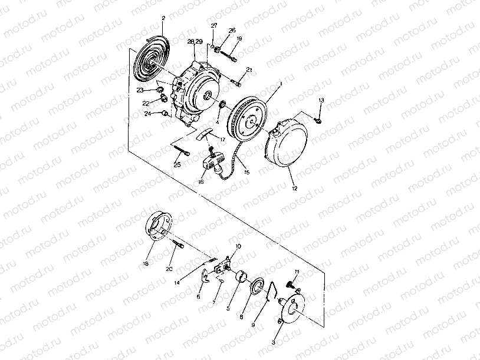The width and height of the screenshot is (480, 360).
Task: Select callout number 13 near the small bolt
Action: coord(321,101)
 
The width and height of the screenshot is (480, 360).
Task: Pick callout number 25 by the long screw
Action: coord(177,164)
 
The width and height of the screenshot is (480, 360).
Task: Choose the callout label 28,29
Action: coord(195,41)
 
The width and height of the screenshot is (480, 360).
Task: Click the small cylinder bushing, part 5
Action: coord(240,276)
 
